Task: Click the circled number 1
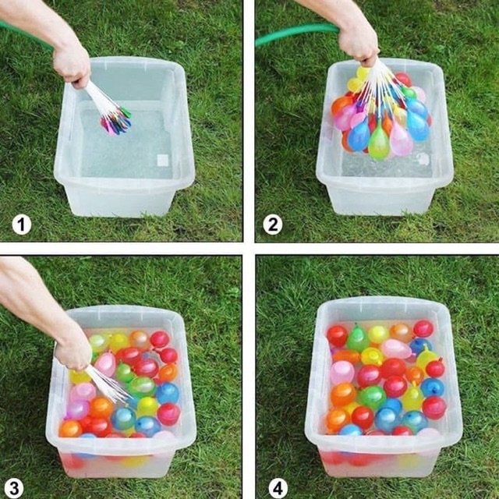click(x=22, y=225)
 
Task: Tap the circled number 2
click(x=273, y=225)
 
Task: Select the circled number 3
click(x=14, y=489)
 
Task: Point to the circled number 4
click(x=278, y=489)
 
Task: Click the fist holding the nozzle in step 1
click(x=73, y=66)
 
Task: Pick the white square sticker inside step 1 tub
click(x=163, y=160)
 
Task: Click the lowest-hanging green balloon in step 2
click(x=379, y=143)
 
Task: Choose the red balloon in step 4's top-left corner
click(x=337, y=336)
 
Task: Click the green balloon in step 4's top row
click(x=358, y=339)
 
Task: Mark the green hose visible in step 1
click(x=26, y=34)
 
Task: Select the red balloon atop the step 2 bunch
click(x=403, y=80)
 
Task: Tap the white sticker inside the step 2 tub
click(x=423, y=159)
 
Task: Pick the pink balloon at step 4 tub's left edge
click(x=342, y=373)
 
